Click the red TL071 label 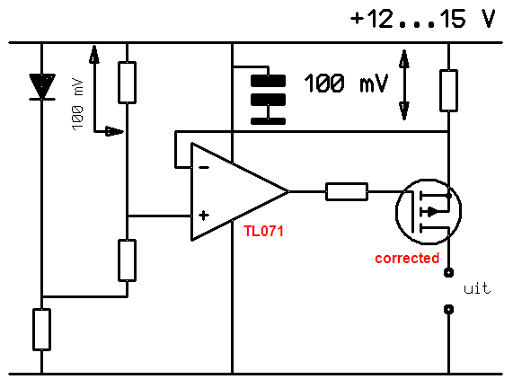264,232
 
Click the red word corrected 407,258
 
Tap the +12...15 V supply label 422,19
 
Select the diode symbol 42,87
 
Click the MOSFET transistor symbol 429,212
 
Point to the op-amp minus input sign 204,168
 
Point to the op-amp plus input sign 204,216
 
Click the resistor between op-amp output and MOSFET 347,191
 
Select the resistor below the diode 42,330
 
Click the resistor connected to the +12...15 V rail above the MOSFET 448,91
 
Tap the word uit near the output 477,288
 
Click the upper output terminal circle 448,272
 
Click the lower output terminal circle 448,309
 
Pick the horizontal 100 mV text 346,84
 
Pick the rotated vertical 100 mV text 78,104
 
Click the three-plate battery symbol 268,100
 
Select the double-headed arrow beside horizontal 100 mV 404,85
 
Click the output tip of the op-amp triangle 289,191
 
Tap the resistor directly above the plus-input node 127,83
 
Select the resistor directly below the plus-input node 127,260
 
